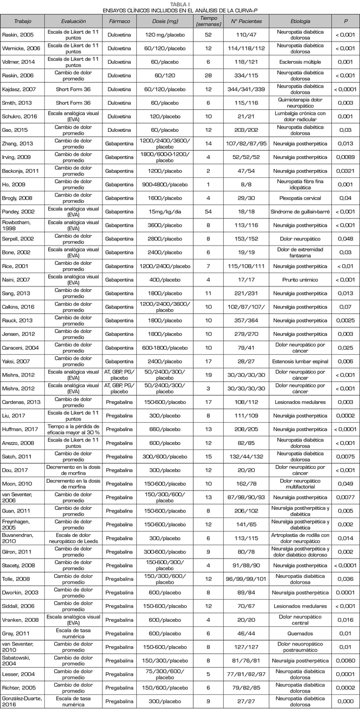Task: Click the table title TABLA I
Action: [179, 3]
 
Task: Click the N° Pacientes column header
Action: [246, 21]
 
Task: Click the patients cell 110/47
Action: [246, 34]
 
